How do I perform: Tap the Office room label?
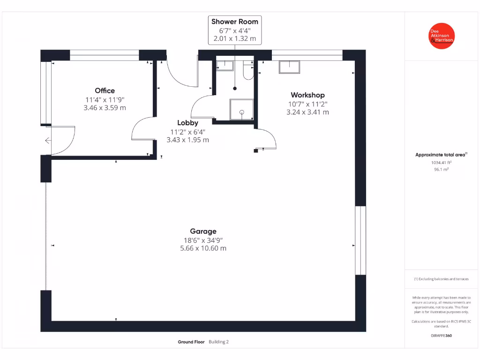click(x=105, y=90)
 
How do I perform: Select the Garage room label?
click(x=203, y=231)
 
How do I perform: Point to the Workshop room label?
click(x=307, y=95)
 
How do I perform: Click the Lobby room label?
click(x=187, y=123)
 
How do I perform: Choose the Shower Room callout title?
click(x=234, y=22)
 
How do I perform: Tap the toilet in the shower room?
click(x=248, y=70)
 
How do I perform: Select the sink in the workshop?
click(x=290, y=67)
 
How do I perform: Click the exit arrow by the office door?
click(x=48, y=140)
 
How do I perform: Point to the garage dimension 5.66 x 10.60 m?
click(x=203, y=248)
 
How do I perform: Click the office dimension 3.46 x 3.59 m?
click(x=105, y=108)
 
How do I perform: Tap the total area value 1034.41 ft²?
click(x=441, y=163)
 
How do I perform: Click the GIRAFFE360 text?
click(x=441, y=336)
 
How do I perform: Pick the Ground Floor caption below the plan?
click(x=191, y=342)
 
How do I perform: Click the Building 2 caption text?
click(x=218, y=342)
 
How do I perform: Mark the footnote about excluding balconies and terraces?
click(x=441, y=279)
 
